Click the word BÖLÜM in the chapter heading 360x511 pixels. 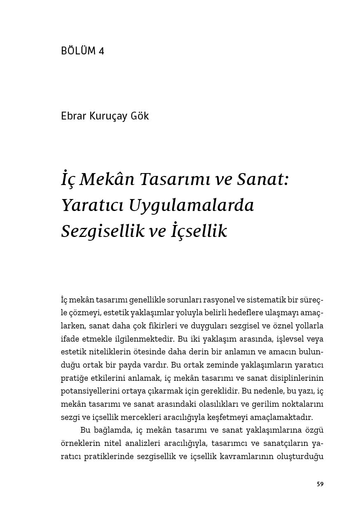(77, 51)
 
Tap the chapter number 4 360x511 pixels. (101, 51)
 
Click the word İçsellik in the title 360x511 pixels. (198, 231)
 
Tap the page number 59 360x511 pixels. (320, 484)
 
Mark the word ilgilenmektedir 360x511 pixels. (147, 339)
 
